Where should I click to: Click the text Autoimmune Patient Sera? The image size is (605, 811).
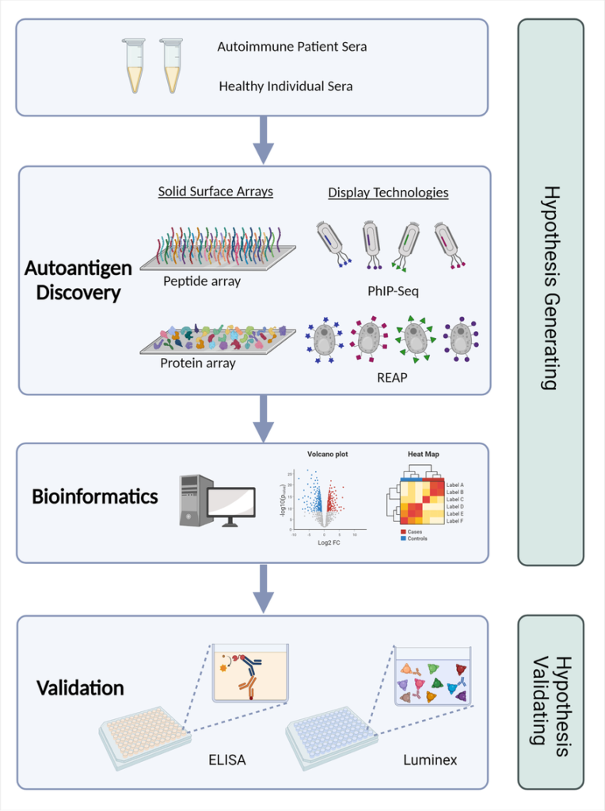pos(291,47)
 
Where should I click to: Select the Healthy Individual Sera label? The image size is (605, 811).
pos(286,86)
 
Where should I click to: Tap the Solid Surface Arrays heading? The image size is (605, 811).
pos(215,192)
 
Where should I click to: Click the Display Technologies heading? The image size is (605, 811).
pos(388,192)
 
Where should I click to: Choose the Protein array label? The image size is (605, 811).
pos(197,364)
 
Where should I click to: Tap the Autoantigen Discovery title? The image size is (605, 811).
pos(78,280)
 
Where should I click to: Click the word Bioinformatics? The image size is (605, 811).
pos(95,497)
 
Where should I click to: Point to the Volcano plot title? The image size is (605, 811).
pos(327,455)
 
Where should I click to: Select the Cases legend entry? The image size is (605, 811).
pos(415,531)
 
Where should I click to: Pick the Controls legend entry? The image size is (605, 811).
pos(418,539)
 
